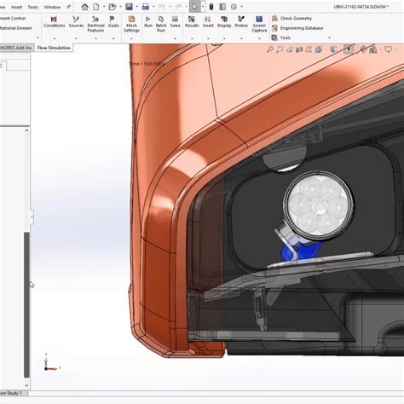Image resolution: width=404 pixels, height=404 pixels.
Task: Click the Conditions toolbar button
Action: [55, 21]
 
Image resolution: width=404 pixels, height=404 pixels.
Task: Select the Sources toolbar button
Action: [76, 21]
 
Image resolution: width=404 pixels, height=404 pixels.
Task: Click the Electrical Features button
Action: [96, 23]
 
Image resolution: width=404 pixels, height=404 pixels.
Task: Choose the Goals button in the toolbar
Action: [113, 21]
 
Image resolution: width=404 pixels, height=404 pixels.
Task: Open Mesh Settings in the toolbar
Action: [131, 23]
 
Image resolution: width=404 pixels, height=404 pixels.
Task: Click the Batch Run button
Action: [161, 23]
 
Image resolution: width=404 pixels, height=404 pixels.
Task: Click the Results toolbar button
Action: [193, 21]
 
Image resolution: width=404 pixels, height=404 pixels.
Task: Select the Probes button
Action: [241, 21]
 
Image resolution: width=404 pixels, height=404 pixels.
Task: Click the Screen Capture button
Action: [259, 23]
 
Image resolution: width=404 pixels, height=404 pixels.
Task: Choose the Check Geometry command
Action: [294, 18]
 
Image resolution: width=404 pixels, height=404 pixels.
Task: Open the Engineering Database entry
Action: [300, 28]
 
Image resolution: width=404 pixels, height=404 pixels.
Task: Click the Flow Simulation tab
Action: [54, 49]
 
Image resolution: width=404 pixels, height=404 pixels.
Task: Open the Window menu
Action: [52, 7]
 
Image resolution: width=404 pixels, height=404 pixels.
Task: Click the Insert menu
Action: [16, 7]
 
